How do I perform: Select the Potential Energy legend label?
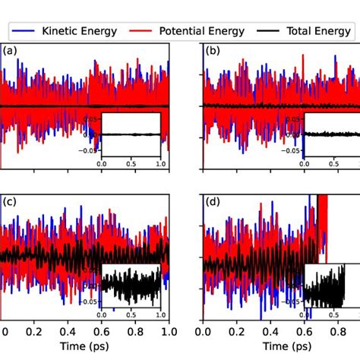204,31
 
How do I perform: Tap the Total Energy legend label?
317,31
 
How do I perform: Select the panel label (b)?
214,52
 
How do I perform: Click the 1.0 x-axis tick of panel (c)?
167,331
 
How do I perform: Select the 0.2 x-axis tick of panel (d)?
236,331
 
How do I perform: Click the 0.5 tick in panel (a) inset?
131,163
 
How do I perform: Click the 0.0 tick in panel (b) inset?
305,163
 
